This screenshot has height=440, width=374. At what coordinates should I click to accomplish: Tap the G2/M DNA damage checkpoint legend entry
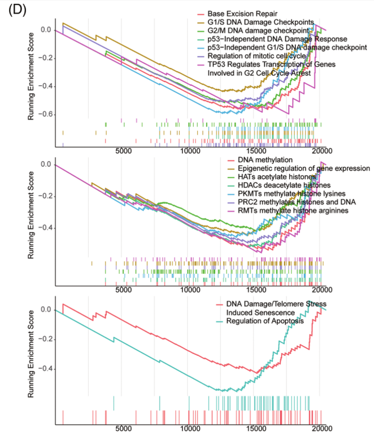(x=258, y=30)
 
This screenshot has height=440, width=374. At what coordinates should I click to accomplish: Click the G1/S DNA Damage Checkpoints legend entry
(x=260, y=21)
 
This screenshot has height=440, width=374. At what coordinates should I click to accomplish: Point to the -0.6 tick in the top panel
(x=43, y=114)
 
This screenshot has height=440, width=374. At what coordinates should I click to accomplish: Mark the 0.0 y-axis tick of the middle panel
(x=45, y=164)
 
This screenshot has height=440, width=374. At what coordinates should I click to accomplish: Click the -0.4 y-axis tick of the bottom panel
(x=43, y=369)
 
